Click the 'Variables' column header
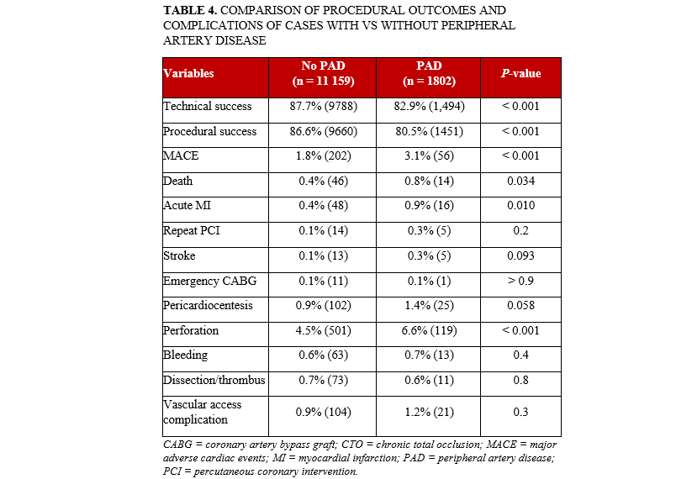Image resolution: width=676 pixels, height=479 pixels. (x=188, y=73)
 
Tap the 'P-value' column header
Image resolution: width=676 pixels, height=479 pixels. (x=520, y=73)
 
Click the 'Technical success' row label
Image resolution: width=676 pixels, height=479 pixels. (x=208, y=107)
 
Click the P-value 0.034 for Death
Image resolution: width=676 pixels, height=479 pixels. (x=520, y=181)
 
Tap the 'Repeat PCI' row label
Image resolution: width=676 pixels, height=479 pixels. (x=193, y=230)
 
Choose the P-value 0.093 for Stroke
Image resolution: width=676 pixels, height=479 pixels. (x=520, y=255)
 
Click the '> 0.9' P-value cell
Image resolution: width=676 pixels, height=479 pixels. (x=520, y=280)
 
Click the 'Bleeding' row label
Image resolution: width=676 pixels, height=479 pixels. (x=185, y=355)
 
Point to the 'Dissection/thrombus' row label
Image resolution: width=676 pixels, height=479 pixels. (x=214, y=380)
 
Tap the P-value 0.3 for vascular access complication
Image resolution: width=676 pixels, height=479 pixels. (x=520, y=412)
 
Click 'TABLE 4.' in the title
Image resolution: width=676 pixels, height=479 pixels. (x=189, y=9)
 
